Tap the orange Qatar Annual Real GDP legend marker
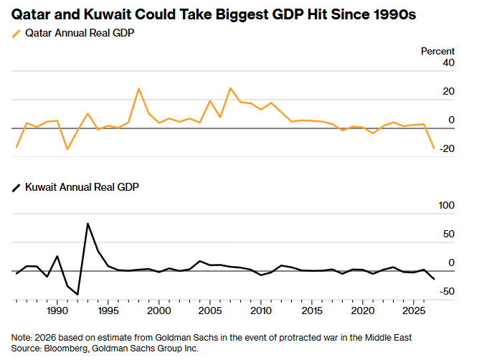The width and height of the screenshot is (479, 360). click(16, 34)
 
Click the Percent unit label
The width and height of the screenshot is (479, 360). click(437, 51)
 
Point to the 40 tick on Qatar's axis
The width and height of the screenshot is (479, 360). click(448, 63)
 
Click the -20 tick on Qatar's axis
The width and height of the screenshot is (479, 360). click(446, 148)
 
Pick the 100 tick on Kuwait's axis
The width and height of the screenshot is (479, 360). click(445, 206)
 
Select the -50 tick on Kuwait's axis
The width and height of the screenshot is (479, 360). click(446, 291)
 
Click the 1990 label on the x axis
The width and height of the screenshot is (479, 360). click(57, 312)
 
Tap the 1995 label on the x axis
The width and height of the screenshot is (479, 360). click(108, 312)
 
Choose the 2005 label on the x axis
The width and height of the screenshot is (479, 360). click(209, 312)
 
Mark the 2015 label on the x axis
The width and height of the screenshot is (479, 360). click(311, 312)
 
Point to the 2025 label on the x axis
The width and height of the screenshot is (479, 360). click(414, 312)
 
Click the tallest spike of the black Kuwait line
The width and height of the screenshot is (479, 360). click(87, 224)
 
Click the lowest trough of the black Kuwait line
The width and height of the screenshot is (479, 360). click(77, 294)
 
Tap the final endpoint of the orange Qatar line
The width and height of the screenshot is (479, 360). click(434, 148)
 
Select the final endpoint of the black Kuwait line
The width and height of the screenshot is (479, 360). click(434, 279)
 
